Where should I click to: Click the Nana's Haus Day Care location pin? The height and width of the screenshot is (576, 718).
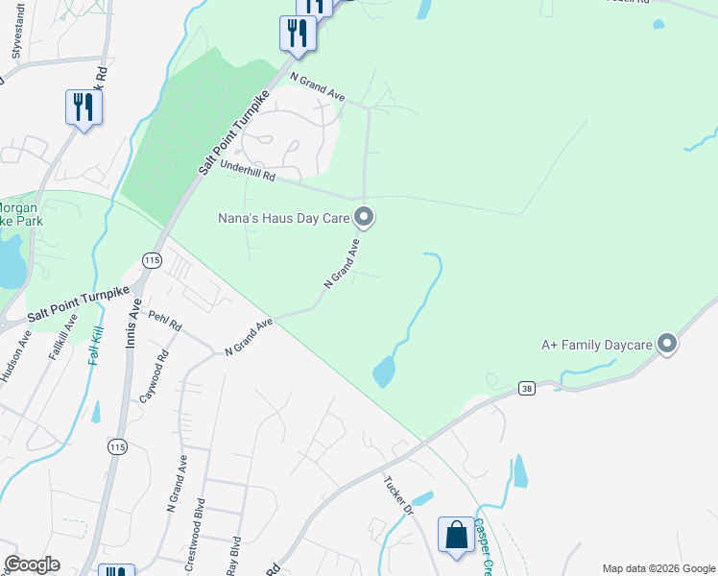click(x=364, y=217)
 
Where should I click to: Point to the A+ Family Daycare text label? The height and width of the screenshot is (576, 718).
click(x=597, y=345)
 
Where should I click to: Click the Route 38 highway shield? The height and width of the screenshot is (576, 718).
click(x=525, y=389)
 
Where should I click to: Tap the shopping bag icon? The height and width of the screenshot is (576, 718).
click(x=456, y=535)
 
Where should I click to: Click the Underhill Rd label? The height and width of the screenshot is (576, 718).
click(x=248, y=172)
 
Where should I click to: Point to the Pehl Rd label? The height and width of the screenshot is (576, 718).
click(x=165, y=324)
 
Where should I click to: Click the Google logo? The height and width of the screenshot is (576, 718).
click(x=32, y=564)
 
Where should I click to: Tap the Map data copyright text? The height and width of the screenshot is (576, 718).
click(x=658, y=568)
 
